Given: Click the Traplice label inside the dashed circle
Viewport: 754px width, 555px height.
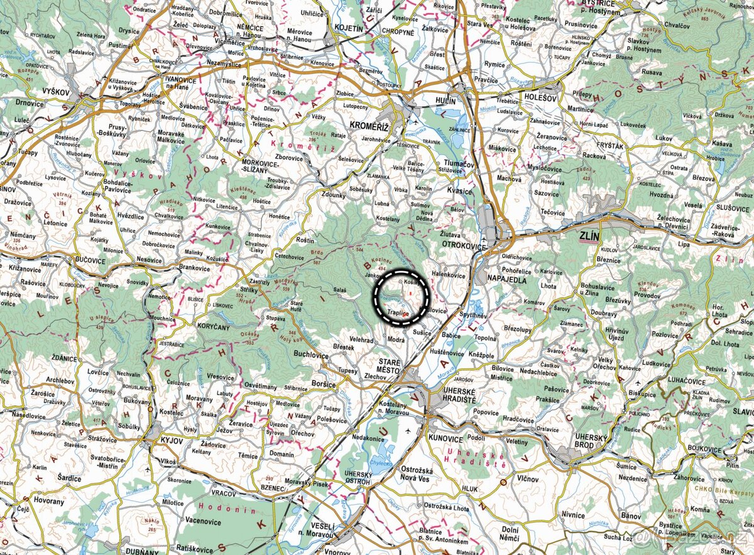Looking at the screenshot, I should coord(398,312).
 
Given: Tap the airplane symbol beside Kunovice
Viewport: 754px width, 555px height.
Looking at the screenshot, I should coord(409,431).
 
